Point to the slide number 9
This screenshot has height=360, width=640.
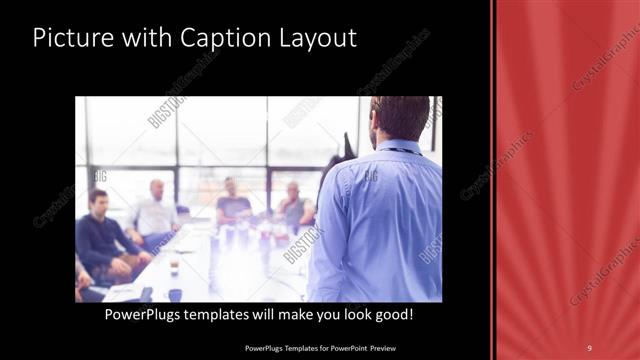tap(589, 347)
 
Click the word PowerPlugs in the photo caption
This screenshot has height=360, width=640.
tap(147, 315)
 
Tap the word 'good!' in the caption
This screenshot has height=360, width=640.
tap(391, 315)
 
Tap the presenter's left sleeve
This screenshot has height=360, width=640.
tap(330, 240)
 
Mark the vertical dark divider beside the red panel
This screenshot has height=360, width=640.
tap(493, 180)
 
